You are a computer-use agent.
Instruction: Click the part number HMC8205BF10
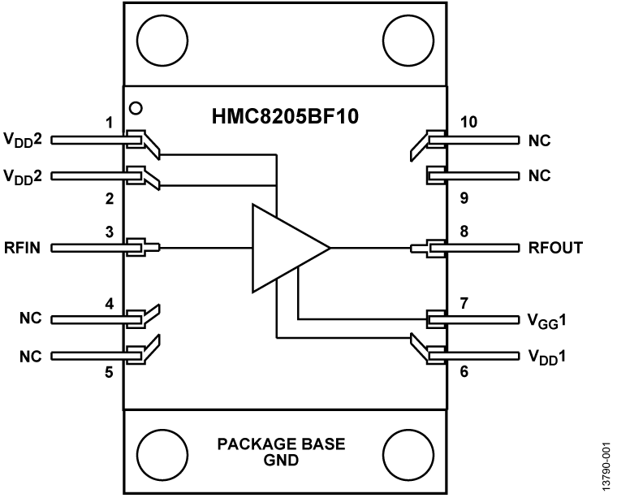click(x=287, y=117)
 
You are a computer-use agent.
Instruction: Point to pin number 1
click(x=108, y=123)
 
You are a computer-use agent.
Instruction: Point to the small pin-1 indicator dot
click(x=136, y=107)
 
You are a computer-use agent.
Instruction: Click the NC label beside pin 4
click(x=31, y=318)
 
